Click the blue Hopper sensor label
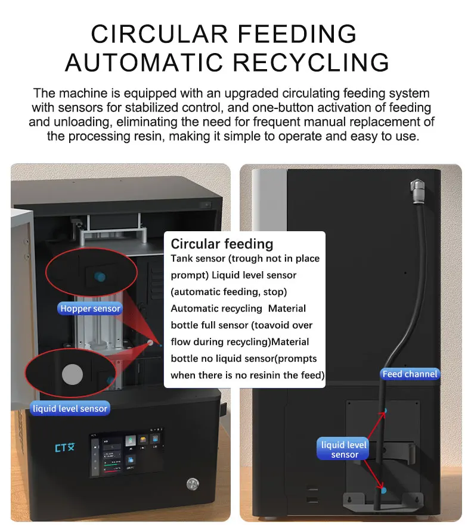90,308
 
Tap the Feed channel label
410,374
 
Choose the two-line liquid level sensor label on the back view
345,450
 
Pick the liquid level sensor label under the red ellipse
70,408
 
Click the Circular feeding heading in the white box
222,244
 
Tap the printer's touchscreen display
126,453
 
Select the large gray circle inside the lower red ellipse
73,374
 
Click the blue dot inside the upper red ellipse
100,275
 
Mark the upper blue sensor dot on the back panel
386,411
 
